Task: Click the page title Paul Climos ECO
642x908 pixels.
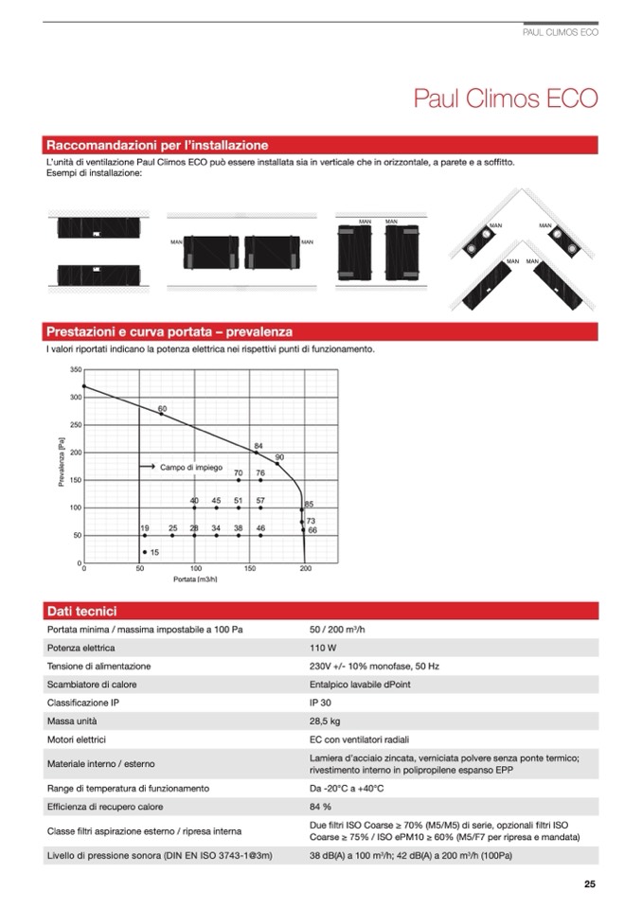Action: click(x=506, y=100)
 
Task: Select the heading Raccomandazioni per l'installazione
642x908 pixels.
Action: click(x=157, y=146)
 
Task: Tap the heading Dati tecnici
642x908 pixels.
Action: click(x=81, y=612)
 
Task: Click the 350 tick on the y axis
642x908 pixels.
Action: click(x=75, y=369)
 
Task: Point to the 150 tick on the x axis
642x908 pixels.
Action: click(x=250, y=570)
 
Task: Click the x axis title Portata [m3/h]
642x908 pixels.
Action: click(x=197, y=579)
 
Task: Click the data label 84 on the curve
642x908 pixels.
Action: click(x=259, y=445)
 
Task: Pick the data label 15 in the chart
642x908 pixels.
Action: click(x=154, y=552)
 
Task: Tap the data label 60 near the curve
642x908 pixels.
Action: click(x=163, y=408)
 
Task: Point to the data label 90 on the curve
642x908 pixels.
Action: click(x=279, y=457)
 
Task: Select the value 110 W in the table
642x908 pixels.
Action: click(x=324, y=649)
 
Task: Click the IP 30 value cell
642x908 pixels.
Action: click(x=320, y=703)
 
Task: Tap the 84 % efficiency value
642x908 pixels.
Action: click(x=320, y=807)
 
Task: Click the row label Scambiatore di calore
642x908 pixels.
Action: click(x=96, y=685)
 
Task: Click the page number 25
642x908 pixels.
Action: click(x=590, y=885)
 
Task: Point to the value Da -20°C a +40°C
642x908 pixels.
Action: click(x=347, y=788)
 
